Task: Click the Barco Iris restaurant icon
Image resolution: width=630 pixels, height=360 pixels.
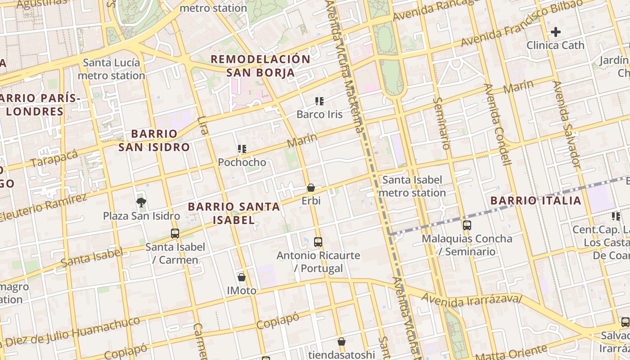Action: pyautogui.click(x=319, y=101)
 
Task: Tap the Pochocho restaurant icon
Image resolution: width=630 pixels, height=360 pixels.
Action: pyautogui.click(x=242, y=149)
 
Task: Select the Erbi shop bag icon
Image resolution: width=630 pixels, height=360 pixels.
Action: pyautogui.click(x=310, y=188)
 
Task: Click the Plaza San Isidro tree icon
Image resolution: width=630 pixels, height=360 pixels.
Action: pyautogui.click(x=141, y=202)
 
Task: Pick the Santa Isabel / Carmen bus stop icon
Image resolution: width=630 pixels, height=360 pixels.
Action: pyautogui.click(x=175, y=234)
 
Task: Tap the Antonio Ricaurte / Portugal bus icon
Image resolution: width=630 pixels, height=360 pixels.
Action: pyautogui.click(x=318, y=242)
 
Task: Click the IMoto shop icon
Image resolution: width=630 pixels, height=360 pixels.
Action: pyautogui.click(x=242, y=277)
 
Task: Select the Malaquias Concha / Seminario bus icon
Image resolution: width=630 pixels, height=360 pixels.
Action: pyautogui.click(x=467, y=225)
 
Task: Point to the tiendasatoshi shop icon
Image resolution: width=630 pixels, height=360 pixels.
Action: pyautogui.click(x=342, y=342)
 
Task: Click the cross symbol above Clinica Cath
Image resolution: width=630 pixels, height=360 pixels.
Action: pyautogui.click(x=556, y=32)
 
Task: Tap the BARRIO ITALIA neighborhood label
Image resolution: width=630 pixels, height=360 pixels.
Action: pyautogui.click(x=536, y=201)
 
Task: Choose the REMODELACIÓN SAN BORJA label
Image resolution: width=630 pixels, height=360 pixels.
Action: pyautogui.click(x=261, y=66)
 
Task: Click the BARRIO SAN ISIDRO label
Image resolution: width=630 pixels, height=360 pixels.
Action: pyautogui.click(x=154, y=140)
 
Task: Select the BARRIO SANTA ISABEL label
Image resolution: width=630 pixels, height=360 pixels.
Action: pyautogui.click(x=234, y=213)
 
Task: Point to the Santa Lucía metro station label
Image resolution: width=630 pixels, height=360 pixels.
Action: pyautogui.click(x=111, y=69)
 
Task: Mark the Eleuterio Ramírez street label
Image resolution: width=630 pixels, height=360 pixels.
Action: pyautogui.click(x=43, y=207)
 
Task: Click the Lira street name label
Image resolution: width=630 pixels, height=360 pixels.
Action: pyautogui.click(x=203, y=126)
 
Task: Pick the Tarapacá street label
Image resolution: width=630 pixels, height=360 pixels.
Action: pyautogui.click(x=54, y=158)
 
